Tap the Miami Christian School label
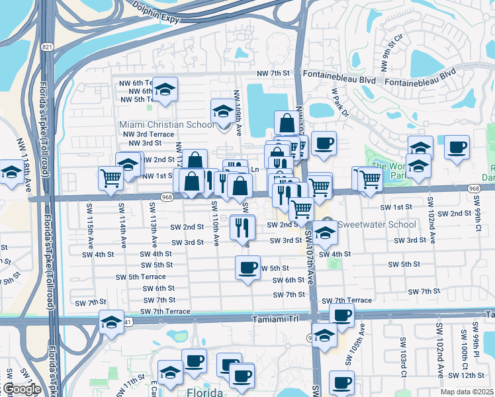pos(167,124)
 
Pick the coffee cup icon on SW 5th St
pos(247,269)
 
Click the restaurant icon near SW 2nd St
pos(243,228)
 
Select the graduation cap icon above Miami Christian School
pos(223,111)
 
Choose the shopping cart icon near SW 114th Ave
pos(110,177)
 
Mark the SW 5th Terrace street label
pos(140,277)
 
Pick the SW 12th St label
pos(471,375)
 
